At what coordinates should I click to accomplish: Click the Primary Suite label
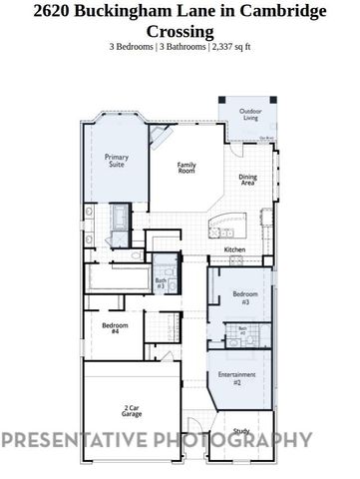pos(116,160)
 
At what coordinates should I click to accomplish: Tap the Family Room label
pos(185,168)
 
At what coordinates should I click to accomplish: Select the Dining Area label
pos(247,181)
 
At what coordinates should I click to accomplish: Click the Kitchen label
pos(235,249)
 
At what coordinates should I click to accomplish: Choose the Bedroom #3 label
pos(246,296)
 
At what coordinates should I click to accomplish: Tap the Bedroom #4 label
pos(115,328)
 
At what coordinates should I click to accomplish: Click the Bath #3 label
pos(161,284)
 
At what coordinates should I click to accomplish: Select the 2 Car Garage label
pos(131,409)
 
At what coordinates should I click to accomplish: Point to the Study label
pos(241,431)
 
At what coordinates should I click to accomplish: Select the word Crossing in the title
pos(180,31)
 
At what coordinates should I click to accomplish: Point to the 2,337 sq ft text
pos(233,48)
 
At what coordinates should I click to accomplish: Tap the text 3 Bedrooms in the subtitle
pos(132,48)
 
